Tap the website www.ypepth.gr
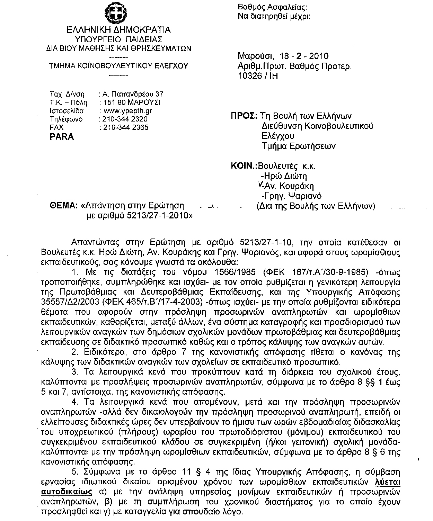(x=128, y=111)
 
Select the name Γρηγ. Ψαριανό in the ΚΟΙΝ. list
(x=293, y=196)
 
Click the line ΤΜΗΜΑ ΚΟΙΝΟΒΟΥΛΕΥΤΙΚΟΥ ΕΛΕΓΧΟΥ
(x=119, y=66)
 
